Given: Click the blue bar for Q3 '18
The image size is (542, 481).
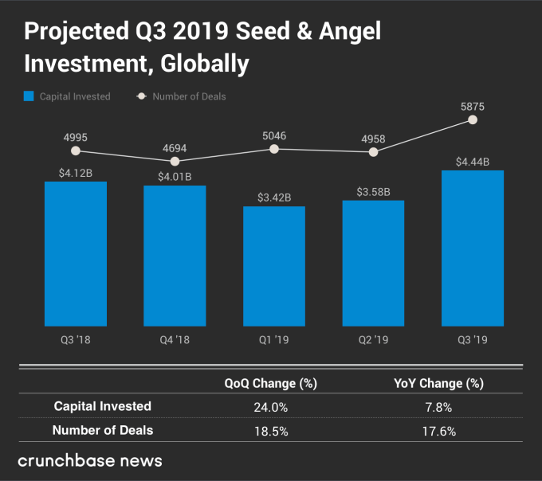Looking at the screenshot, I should [76, 253].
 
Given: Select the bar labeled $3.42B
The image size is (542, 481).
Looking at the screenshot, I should [274, 266].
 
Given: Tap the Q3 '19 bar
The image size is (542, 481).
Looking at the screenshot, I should [473, 248].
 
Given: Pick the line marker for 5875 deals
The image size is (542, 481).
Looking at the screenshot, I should [473, 120].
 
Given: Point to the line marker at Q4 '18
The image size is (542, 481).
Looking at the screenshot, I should [175, 161].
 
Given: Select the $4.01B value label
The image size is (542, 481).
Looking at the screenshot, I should [175, 176].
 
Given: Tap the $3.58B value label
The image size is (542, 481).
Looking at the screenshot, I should [373, 191].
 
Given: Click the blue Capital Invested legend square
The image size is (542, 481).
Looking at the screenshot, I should [29, 96].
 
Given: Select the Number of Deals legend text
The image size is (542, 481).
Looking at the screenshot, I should [189, 96].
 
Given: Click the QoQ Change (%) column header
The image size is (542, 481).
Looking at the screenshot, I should [271, 383].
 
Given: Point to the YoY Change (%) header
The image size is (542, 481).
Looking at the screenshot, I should [438, 383].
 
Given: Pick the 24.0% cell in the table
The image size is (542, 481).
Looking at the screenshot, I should [271, 407].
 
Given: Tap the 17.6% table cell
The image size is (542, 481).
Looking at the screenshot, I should [438, 431].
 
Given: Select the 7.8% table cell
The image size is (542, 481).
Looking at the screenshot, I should [438, 407].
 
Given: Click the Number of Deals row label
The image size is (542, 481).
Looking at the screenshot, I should [103, 430].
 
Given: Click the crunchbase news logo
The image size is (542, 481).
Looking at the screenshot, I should [90, 461].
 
